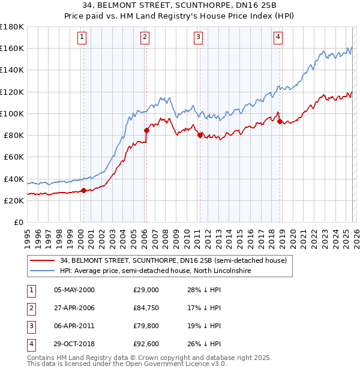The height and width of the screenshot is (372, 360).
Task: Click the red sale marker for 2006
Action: pos(146,130)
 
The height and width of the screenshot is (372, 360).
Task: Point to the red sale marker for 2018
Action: pos(280,121)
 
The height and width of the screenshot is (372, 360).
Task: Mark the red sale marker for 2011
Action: pos(200,135)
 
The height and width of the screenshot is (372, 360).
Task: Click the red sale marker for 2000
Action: pos(83,190)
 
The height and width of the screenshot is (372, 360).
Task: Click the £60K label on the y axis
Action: pos(14,157)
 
